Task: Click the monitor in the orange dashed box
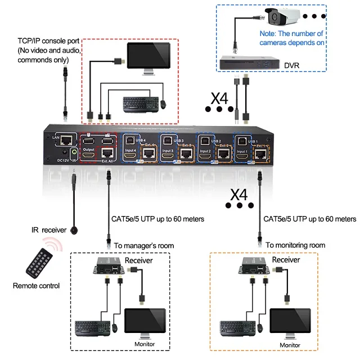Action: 291,321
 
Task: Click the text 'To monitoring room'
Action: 295,245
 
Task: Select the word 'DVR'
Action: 292,66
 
